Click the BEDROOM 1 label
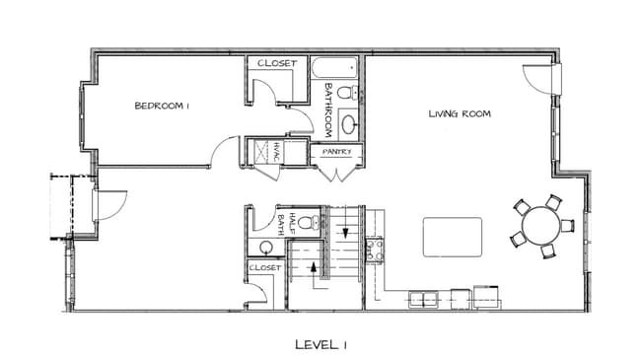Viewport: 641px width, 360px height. (161, 107)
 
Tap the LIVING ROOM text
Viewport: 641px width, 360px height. (460, 113)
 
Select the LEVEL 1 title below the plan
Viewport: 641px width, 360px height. (320, 344)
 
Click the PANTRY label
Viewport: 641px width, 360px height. (336, 152)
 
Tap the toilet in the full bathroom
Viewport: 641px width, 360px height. (345, 93)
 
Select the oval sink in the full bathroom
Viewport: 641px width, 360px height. (348, 125)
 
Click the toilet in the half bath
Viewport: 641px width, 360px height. (307, 222)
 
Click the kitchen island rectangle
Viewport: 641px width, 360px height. (453, 237)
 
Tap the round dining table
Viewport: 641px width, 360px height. (540, 226)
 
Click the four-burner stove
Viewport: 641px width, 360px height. (374, 250)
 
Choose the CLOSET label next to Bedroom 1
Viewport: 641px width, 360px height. (277, 64)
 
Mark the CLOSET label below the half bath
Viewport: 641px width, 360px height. (264, 267)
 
